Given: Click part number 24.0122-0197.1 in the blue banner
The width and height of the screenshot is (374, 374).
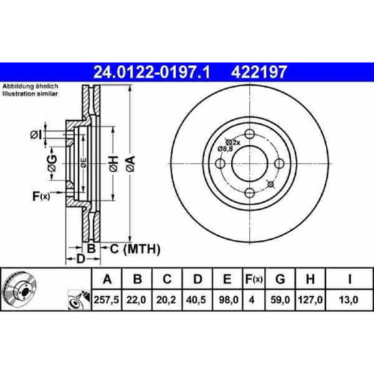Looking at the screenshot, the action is pyautogui.click(x=152, y=72).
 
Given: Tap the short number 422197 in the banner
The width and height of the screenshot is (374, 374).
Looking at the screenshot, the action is pyautogui.click(x=259, y=72).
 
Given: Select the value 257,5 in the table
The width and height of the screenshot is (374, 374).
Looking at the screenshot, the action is pyautogui.click(x=107, y=300).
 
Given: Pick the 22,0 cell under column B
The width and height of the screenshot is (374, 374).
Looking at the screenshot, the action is pyautogui.click(x=136, y=300).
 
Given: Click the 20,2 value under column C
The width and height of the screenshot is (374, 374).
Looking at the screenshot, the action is pyautogui.click(x=166, y=300).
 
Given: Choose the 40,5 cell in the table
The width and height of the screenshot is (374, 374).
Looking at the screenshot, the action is pyautogui.click(x=196, y=300).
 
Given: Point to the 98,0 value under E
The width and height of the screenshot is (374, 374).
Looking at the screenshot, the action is pyautogui.click(x=228, y=300).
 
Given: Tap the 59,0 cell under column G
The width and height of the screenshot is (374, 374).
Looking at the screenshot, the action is pyautogui.click(x=280, y=300).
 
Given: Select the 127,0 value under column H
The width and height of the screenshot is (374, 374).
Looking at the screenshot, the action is pyautogui.click(x=310, y=300).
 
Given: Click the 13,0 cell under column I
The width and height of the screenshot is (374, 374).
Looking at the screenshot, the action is pyautogui.click(x=349, y=300).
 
